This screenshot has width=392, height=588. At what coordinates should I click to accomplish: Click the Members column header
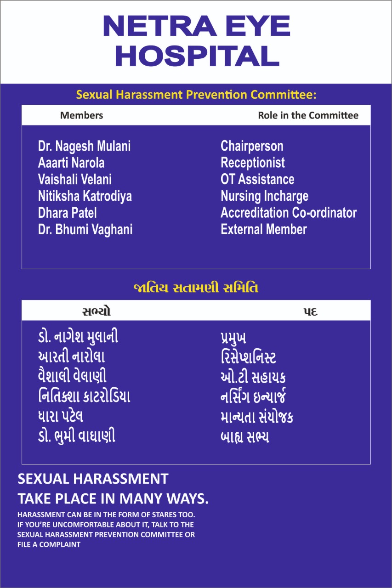(x=81, y=115)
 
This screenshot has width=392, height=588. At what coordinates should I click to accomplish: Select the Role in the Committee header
(x=308, y=115)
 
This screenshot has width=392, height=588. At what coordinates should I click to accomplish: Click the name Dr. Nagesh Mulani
(x=84, y=147)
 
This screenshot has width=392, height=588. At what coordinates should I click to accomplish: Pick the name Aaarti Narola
(x=71, y=163)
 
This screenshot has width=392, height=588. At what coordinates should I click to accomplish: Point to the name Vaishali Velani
(x=75, y=180)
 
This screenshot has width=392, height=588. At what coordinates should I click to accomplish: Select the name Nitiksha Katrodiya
(x=85, y=196)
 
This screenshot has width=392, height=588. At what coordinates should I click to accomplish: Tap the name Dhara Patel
(x=67, y=213)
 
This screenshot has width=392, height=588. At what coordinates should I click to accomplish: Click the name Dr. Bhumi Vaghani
(x=85, y=229)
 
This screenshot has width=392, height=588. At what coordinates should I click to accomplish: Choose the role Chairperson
(x=252, y=147)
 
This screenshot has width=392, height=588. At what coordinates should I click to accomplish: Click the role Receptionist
(x=253, y=163)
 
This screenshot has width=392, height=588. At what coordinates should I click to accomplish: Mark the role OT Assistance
(x=257, y=180)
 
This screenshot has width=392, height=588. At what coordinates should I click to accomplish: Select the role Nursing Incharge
(x=264, y=196)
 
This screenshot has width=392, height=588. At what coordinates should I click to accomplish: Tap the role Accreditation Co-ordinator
(x=289, y=213)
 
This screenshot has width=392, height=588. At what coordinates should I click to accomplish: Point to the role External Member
(x=264, y=229)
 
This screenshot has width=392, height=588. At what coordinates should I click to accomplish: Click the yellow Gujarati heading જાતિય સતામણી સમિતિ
(x=196, y=288)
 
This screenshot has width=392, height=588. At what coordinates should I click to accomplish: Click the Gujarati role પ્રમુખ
(x=233, y=338)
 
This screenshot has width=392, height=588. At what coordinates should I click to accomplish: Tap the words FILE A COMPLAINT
(x=49, y=545)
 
